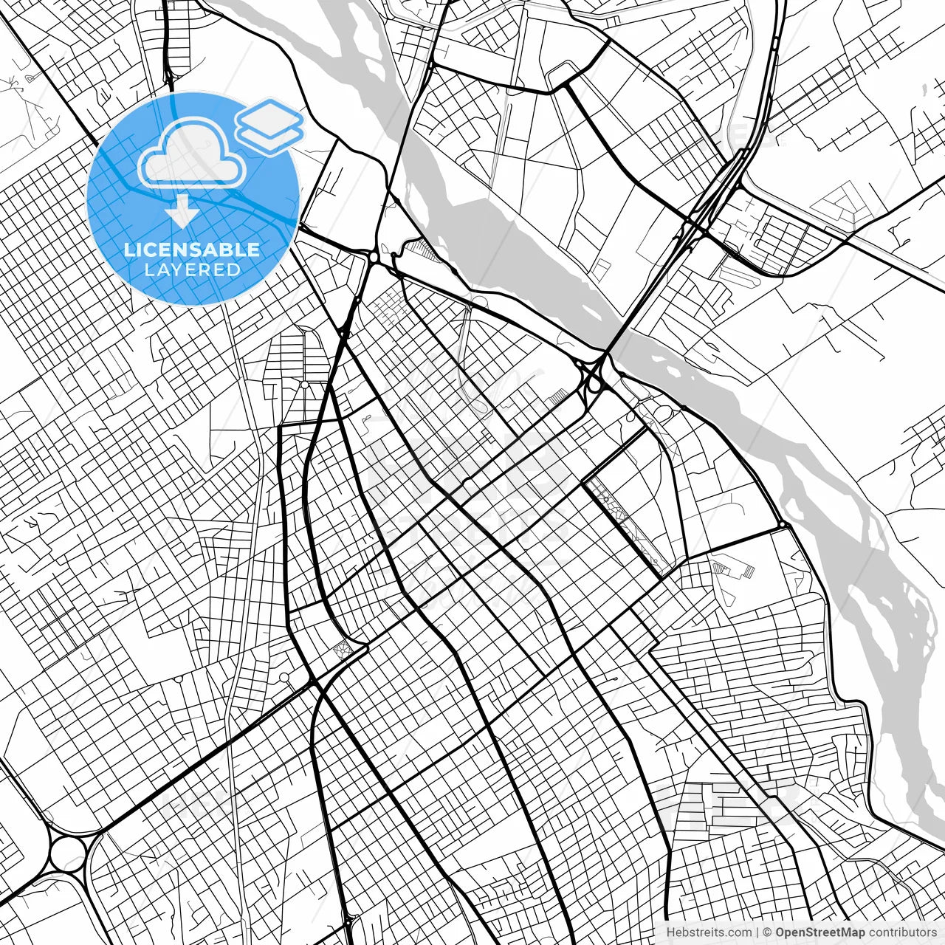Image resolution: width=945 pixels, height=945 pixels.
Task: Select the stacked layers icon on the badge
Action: coord(270,126)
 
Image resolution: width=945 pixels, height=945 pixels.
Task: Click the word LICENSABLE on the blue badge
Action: coord(192,250)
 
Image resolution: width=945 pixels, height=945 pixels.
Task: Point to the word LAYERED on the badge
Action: coord(192,270)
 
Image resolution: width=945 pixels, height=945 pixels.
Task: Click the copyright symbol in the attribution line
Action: coord(767,932)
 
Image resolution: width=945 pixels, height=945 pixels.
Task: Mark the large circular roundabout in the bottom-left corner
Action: coord(68,853)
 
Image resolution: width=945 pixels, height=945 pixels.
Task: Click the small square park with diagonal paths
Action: coord(342,649)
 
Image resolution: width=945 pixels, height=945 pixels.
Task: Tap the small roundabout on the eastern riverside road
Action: coord(782,526)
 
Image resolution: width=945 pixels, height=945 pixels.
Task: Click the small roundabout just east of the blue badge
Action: coord(374,256)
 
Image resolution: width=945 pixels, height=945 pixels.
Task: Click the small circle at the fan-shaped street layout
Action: coord(304,385)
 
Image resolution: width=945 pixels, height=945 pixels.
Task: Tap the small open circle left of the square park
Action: coord(284,677)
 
